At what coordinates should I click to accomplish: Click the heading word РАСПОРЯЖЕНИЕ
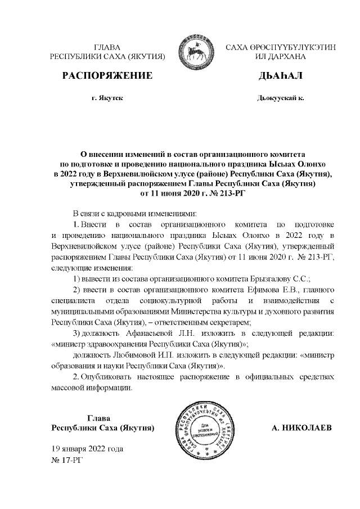(107, 75)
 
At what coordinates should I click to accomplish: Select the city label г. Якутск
(107, 98)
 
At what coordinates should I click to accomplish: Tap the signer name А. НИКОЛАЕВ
(301, 428)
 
